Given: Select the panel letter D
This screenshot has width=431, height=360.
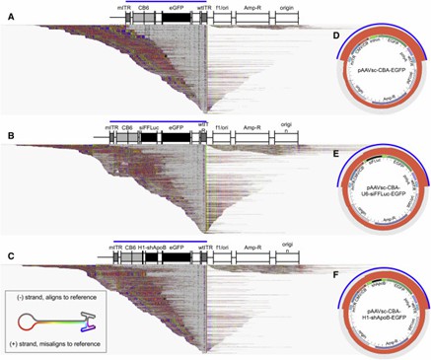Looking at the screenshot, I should coord(337,36).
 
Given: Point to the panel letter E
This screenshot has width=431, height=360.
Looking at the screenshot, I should coord(337,154).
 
